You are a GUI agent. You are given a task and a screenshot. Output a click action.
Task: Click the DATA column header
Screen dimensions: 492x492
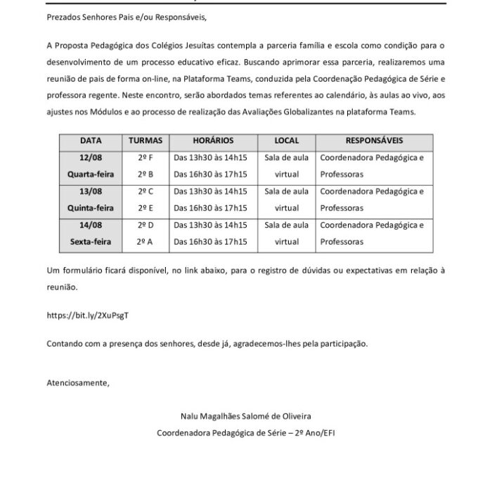click(x=91, y=141)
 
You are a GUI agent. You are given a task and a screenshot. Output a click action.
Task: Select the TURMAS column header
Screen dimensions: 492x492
click(x=145, y=141)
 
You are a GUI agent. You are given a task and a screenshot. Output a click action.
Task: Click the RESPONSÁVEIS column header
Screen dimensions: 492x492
click(x=375, y=141)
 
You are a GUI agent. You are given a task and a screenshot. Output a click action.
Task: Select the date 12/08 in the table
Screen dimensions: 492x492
click(x=91, y=157)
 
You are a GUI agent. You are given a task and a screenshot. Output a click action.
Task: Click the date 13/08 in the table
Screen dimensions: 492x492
click(x=91, y=191)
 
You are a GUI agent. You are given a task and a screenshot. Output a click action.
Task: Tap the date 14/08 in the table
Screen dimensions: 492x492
click(x=91, y=225)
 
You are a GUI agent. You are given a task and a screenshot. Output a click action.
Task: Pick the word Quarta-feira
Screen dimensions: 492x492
click(x=91, y=174)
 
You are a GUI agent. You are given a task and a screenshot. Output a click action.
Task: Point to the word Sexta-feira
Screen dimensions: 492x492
click(x=91, y=241)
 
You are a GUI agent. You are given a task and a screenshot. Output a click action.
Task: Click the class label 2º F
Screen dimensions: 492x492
click(x=145, y=157)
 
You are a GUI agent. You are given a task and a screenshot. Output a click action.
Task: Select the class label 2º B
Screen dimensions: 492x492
click(x=145, y=174)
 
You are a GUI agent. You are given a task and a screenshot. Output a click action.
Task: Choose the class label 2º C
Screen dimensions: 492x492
click(x=145, y=191)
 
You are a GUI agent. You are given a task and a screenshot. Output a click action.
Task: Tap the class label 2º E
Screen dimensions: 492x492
click(x=145, y=207)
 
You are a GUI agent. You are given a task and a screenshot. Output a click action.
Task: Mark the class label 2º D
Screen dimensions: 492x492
click(x=145, y=225)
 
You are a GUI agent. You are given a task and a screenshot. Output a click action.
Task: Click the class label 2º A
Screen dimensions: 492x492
click(x=145, y=241)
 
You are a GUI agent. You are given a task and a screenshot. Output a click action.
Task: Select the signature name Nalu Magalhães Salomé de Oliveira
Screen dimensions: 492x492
click(x=246, y=417)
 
